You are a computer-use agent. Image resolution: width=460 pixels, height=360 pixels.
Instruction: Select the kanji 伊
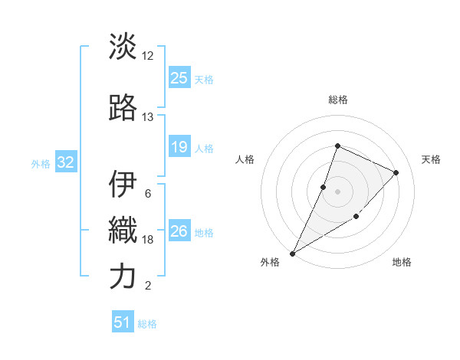[123, 185]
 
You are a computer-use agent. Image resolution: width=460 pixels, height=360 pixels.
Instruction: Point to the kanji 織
[123, 230]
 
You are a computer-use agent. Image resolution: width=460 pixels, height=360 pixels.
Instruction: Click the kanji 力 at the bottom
[123, 277]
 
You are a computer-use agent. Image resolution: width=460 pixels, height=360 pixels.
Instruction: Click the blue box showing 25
[179, 77]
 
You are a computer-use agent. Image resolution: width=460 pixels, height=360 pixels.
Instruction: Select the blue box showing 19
[179, 147]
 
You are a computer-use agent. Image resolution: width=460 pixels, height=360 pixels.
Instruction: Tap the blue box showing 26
[179, 231]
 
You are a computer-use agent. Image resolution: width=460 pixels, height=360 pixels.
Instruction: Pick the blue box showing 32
[65, 162]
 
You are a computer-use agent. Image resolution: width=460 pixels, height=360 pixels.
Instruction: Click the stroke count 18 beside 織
[148, 240]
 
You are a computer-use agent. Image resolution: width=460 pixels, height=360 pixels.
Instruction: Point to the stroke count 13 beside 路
[147, 117]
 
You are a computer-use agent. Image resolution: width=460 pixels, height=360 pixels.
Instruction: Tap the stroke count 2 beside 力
[147, 286]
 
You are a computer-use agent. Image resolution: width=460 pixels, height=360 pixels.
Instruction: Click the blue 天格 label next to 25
[204, 79]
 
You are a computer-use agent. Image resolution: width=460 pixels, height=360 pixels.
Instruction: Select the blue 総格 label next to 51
[147, 324]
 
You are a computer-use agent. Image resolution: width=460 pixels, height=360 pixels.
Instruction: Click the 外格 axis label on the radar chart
[270, 263]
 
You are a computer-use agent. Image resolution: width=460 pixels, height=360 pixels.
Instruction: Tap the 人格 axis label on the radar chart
[245, 159]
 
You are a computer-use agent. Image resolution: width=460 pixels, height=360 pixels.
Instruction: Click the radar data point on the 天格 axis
[396, 172]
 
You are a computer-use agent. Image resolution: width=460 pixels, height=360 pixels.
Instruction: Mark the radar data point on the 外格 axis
[292, 253]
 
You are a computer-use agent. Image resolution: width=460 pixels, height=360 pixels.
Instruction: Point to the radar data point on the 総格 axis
[337, 146]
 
